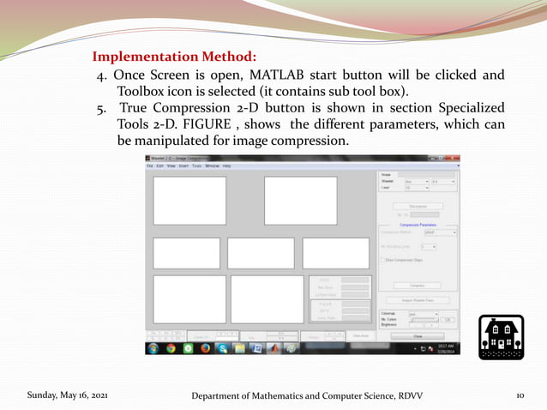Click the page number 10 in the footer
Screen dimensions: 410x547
[520, 395]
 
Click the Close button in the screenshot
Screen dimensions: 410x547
[418, 336]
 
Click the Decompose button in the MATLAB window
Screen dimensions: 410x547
[418, 206]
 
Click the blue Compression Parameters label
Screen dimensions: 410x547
[418, 225]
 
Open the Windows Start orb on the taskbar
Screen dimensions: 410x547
[153, 349]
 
